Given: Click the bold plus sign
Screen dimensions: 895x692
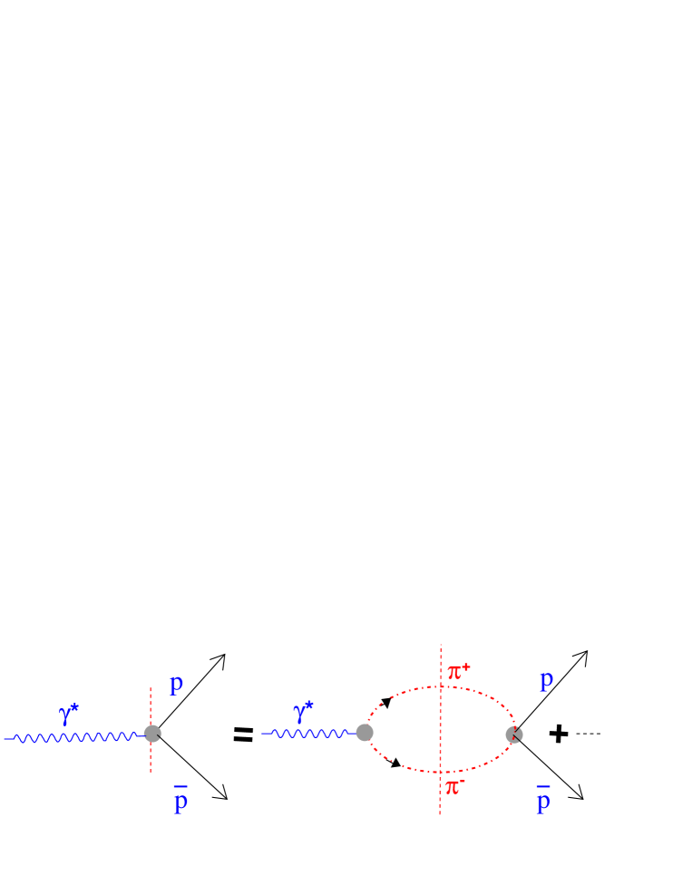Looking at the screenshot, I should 560,734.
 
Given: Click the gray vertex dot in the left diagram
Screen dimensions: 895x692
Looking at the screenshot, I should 152,734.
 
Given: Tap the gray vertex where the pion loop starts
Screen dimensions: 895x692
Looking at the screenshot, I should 365,733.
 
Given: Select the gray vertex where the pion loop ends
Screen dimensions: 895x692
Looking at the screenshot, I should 514,734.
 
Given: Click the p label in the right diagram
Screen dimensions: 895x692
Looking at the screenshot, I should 546,681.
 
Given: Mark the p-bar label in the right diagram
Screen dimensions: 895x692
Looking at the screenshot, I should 543,799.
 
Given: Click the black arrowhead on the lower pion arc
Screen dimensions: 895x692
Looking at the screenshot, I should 396,764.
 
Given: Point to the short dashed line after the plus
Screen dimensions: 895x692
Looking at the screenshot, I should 589,734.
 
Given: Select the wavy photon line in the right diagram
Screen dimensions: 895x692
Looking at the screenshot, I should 308,733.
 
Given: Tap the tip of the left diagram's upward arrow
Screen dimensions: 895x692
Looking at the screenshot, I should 223,654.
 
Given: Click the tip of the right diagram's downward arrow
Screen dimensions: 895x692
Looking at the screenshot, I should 583,799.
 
